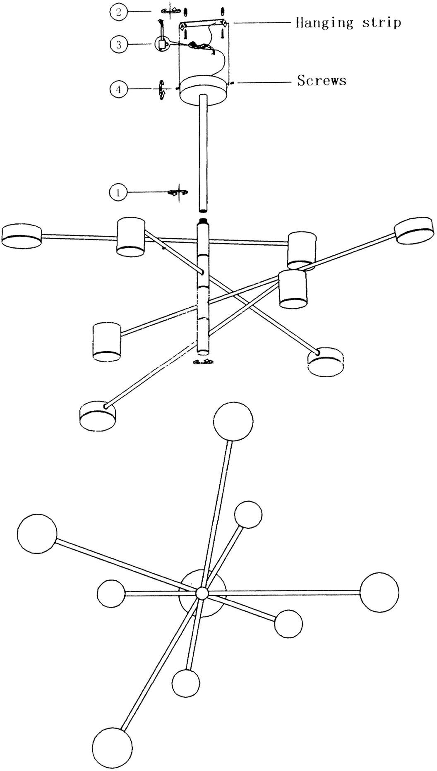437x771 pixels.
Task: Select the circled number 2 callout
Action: (x=119, y=12)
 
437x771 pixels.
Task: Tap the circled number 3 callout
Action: (x=119, y=44)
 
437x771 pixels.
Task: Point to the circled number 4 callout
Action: (x=119, y=89)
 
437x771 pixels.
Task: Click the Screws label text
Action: (x=322, y=80)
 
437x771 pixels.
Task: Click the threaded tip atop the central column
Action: (x=203, y=221)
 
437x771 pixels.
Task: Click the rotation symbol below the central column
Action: (x=203, y=362)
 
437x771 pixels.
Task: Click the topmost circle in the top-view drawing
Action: (x=233, y=421)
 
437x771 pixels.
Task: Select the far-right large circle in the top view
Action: (x=379, y=592)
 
